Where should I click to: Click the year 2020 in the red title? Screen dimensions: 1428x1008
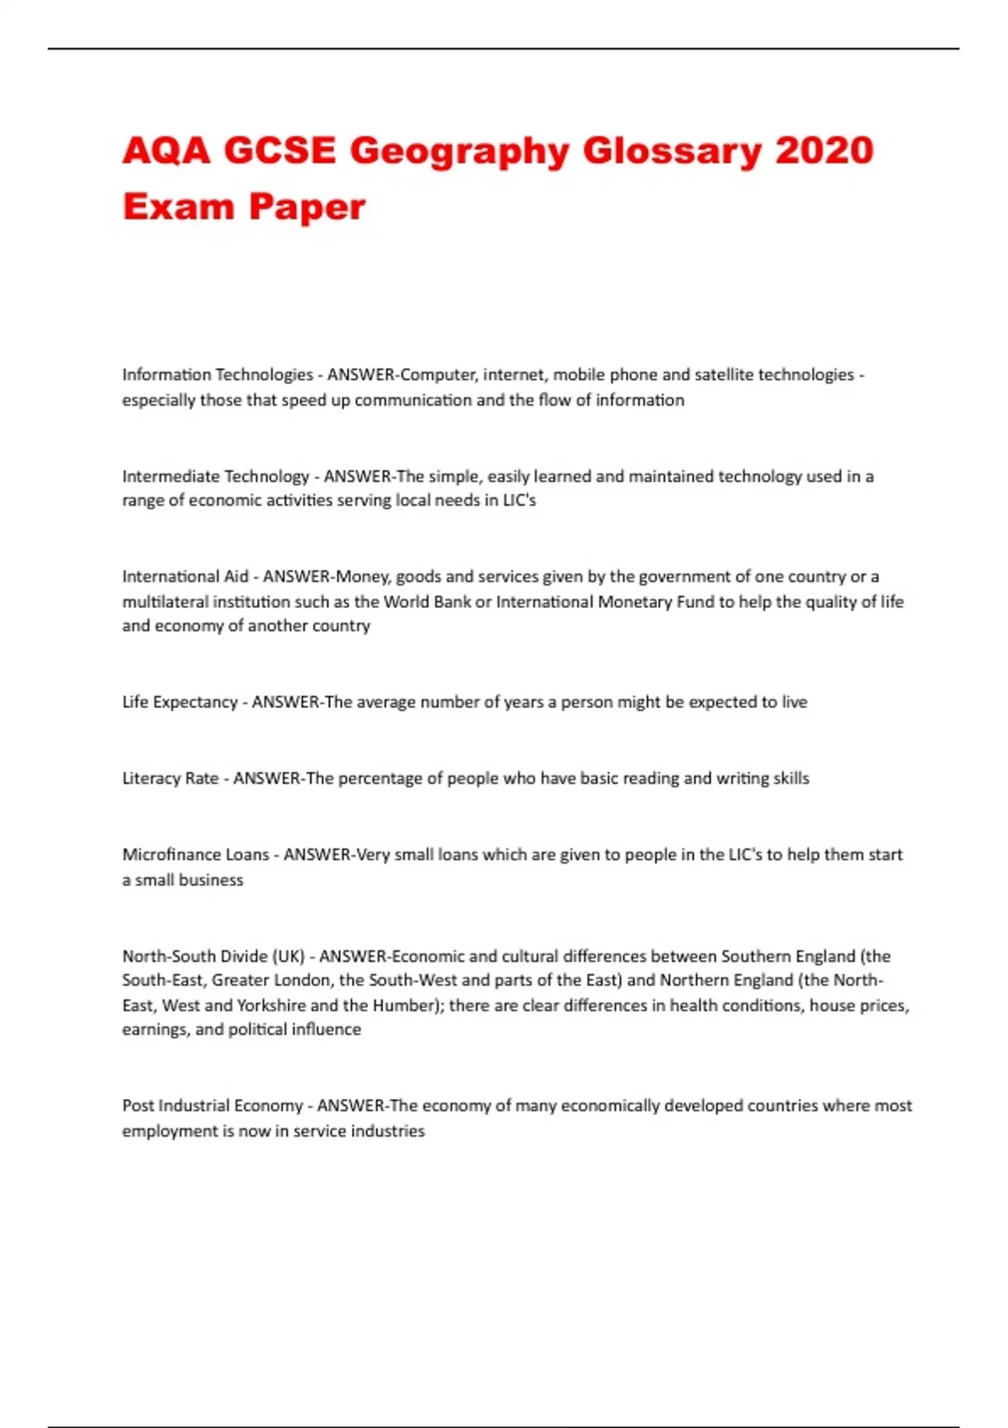pos(824,151)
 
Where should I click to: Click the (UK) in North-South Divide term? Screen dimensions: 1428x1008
pos(288,956)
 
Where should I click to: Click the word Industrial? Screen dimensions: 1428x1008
pos(194,1106)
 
